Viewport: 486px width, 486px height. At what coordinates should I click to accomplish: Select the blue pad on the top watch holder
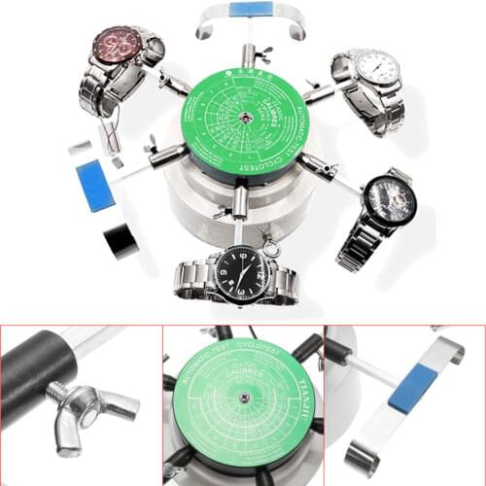point(251,10)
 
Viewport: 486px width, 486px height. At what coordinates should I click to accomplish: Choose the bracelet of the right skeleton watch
point(358,243)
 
